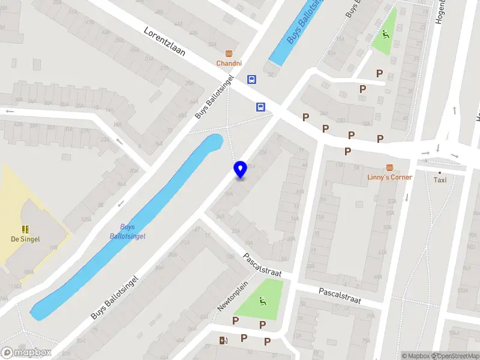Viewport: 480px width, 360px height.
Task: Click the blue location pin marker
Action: click(240, 170)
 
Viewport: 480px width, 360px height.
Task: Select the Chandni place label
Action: click(229, 63)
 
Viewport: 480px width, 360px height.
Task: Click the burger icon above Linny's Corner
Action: click(389, 167)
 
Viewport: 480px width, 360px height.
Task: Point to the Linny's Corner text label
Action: click(389, 177)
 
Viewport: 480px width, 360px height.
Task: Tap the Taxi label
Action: click(440, 179)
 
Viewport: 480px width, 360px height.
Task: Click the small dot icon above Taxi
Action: click(440, 172)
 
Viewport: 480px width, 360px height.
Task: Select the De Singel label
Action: click(25, 239)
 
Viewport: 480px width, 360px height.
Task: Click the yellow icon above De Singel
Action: click(25, 229)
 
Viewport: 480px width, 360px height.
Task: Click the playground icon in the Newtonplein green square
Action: click(262, 301)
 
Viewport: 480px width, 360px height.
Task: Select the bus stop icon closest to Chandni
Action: click(251, 79)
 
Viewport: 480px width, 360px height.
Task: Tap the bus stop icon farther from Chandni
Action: click(261, 107)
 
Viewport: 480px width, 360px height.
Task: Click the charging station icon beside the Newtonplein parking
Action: click(224, 341)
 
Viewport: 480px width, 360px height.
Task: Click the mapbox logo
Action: click(26, 353)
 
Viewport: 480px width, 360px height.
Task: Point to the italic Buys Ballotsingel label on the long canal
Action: click(127, 232)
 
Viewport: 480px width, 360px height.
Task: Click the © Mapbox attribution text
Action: click(416, 356)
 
